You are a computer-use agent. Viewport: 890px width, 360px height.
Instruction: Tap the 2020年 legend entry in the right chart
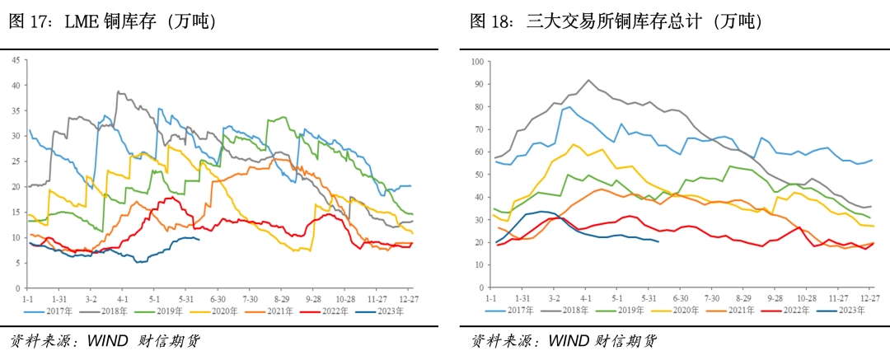[x=684, y=310]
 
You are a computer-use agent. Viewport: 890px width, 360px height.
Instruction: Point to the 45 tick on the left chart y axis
[x=14, y=59]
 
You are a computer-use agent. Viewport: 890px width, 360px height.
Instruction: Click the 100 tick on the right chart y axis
[x=477, y=61]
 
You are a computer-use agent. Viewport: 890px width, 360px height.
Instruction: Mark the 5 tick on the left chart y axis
[x=16, y=263]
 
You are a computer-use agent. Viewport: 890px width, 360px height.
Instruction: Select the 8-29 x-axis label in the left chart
[x=281, y=298]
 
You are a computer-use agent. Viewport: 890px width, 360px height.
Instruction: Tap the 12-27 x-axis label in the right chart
[x=870, y=297]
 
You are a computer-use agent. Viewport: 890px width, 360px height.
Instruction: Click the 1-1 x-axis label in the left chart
[x=28, y=298]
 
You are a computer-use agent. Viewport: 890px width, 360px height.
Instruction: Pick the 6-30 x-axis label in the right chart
[x=680, y=297]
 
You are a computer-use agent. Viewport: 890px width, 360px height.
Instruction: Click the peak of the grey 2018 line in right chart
[x=588, y=80]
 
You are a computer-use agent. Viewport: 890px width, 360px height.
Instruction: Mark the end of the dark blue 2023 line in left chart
[x=199, y=239]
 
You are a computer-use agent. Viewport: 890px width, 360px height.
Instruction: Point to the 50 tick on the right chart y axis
[x=479, y=174]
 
